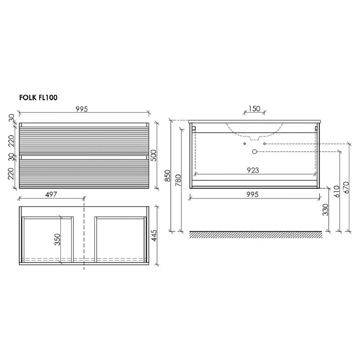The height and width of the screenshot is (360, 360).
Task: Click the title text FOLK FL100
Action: point(38,98)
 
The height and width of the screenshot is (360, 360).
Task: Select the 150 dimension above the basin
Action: point(254,108)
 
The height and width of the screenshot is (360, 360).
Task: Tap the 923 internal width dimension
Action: point(253,170)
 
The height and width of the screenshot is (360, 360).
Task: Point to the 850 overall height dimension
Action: point(168,175)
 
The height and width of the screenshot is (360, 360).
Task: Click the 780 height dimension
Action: point(178,180)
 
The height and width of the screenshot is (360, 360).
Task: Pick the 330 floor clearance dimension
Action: point(325,210)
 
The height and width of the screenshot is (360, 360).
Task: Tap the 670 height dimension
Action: point(346,187)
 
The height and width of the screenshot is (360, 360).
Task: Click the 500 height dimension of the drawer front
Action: point(153,155)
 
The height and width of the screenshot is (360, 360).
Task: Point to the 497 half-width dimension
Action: point(51,194)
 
